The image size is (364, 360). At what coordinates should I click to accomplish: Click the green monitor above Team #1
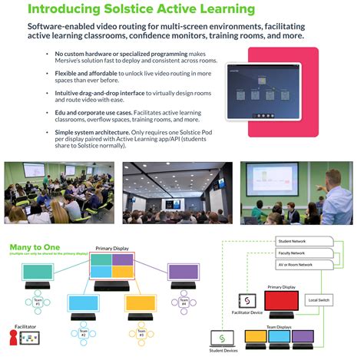(x=38, y=271)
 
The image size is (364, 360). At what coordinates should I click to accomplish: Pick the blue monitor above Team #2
(x=84, y=302)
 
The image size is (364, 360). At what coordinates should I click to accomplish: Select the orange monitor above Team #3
(x=141, y=302)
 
